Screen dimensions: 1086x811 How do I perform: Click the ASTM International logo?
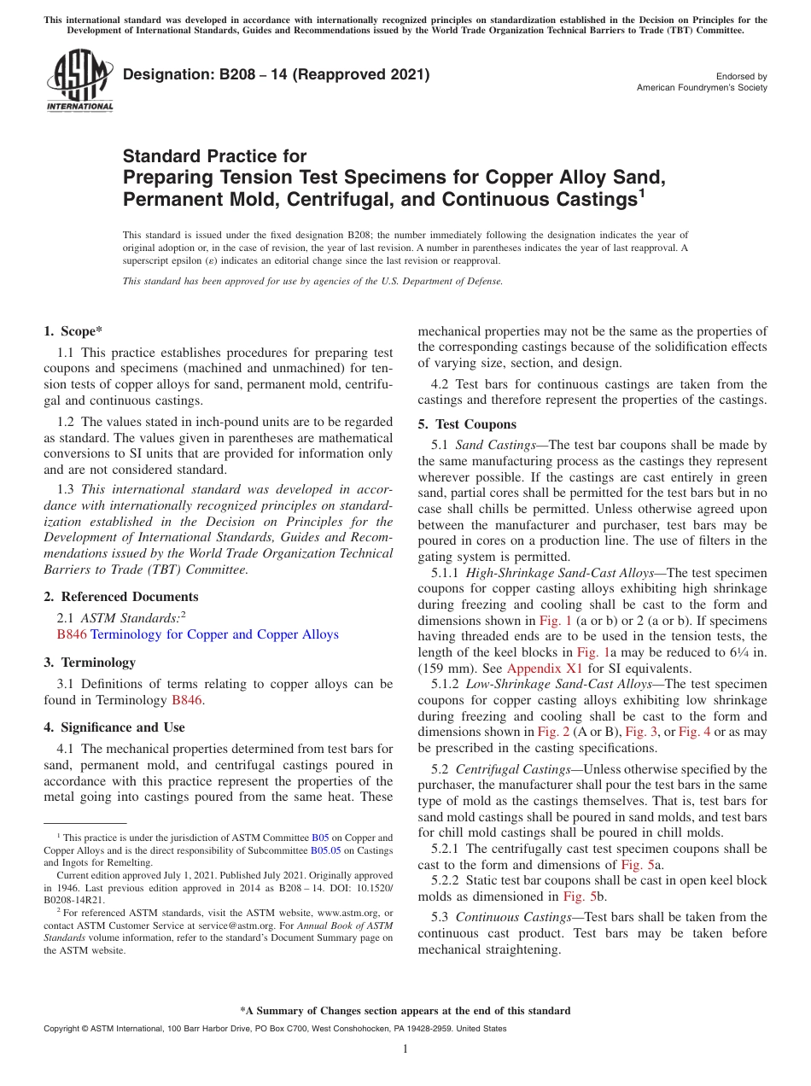[79, 80]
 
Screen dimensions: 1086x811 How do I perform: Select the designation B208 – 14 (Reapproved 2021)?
[276, 75]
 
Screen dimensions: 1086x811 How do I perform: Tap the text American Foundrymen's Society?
[702, 88]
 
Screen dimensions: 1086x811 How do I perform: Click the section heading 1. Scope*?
[73, 332]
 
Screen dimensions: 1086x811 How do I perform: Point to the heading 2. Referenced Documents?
[120, 597]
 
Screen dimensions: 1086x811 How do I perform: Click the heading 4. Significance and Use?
[114, 727]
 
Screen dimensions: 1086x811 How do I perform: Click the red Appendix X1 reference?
[536, 669]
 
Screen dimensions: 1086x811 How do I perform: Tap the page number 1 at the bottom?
[405, 1048]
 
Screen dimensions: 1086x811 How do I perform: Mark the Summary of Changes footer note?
[405, 1011]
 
